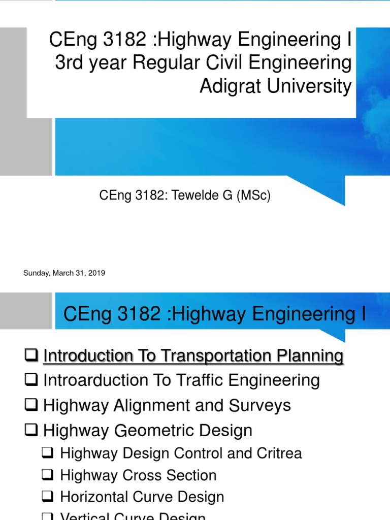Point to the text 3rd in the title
pyautogui.click(x=69, y=63)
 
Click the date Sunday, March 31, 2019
pyautogui.click(x=64, y=273)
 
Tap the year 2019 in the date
pyautogui.click(x=96, y=273)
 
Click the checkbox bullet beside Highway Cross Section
pyautogui.click(x=48, y=475)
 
